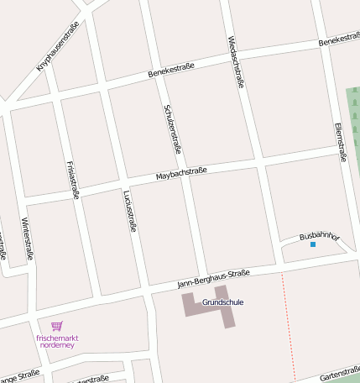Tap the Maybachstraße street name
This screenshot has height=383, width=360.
[181, 174]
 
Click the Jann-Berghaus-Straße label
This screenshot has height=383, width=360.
[216, 278]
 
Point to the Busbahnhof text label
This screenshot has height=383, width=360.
[320, 237]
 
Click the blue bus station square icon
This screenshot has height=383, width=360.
[313, 244]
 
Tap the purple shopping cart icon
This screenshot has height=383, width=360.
[56, 326]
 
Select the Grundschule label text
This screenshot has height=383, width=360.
[223, 302]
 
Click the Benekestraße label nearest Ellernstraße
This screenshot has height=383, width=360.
[338, 39]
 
